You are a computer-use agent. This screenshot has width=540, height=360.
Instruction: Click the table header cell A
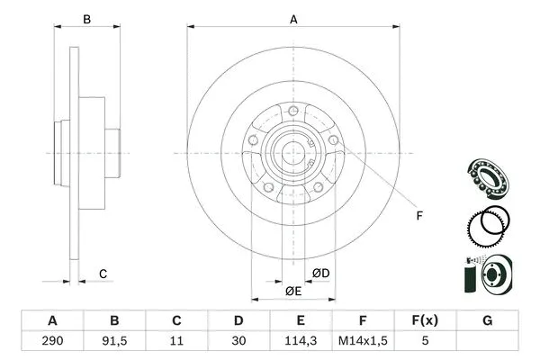52,320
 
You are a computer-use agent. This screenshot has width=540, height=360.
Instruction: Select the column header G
487,320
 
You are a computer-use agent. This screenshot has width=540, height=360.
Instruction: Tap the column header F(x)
425,320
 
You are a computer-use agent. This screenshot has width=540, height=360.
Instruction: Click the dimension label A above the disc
293,17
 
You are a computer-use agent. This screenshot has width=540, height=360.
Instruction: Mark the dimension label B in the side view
87,19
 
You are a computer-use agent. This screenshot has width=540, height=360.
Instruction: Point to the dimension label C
103,274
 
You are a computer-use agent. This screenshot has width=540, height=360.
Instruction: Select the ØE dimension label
293,292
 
